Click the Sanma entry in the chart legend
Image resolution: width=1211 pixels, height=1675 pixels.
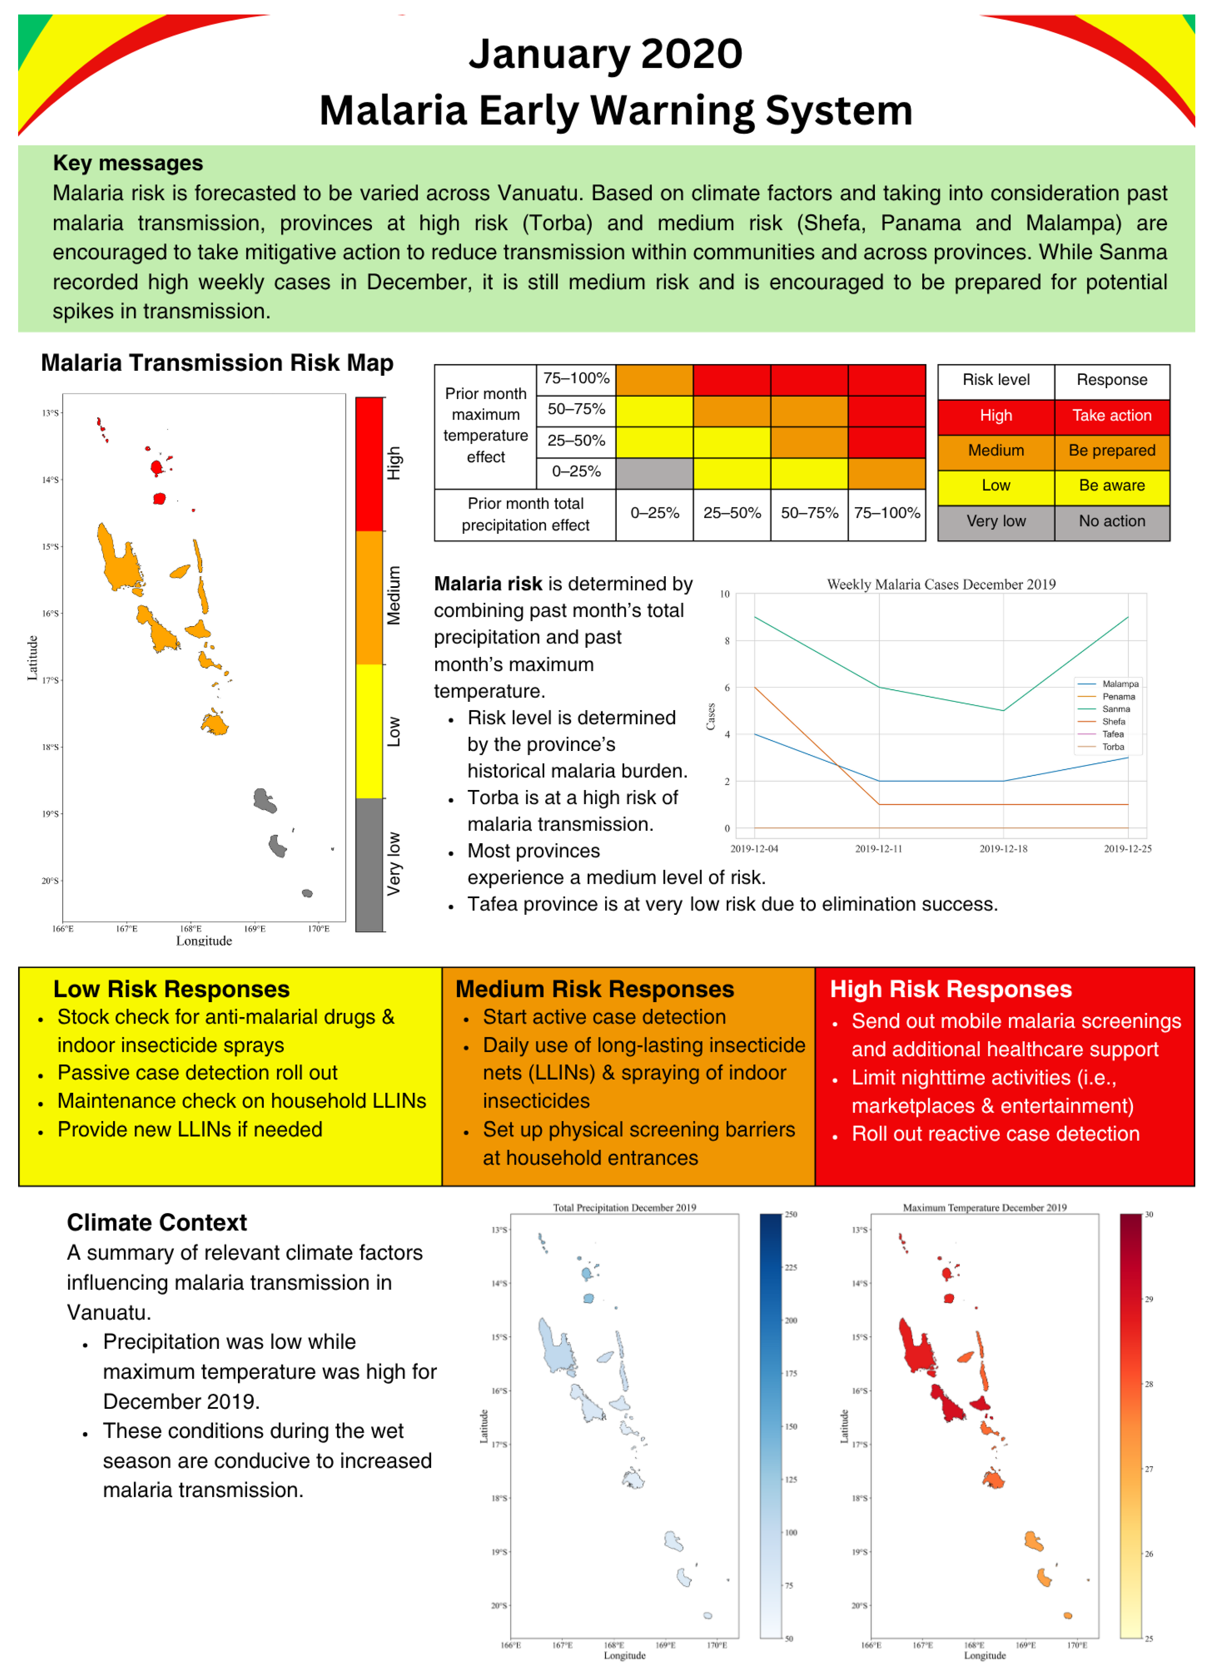click(1116, 709)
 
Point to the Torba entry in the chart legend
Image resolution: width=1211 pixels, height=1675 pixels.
click(1113, 747)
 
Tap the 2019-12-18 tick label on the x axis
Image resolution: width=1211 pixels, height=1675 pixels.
click(1003, 849)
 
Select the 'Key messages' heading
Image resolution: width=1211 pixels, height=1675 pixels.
click(128, 163)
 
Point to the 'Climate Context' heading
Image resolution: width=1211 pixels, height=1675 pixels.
click(157, 1222)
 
